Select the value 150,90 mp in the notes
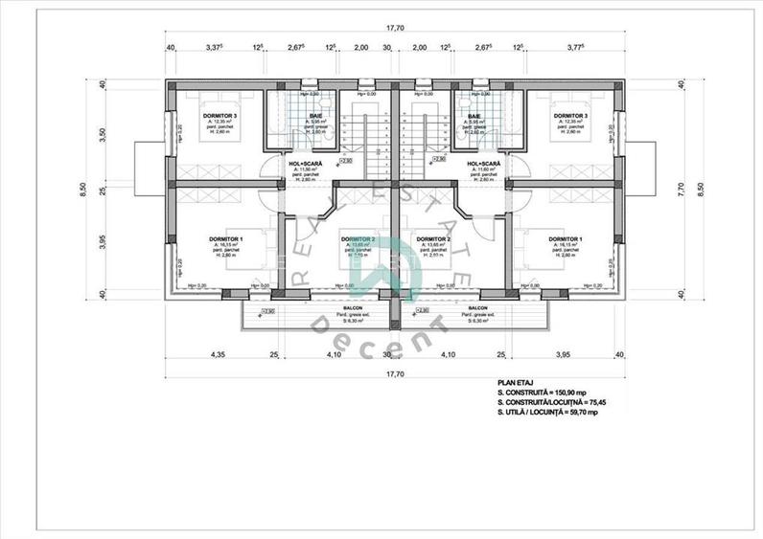point(561,393)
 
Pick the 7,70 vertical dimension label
point(682,190)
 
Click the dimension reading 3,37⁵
point(220,46)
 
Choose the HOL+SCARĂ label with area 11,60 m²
point(485,164)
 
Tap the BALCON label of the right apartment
point(475,309)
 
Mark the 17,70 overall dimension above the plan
point(394,29)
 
